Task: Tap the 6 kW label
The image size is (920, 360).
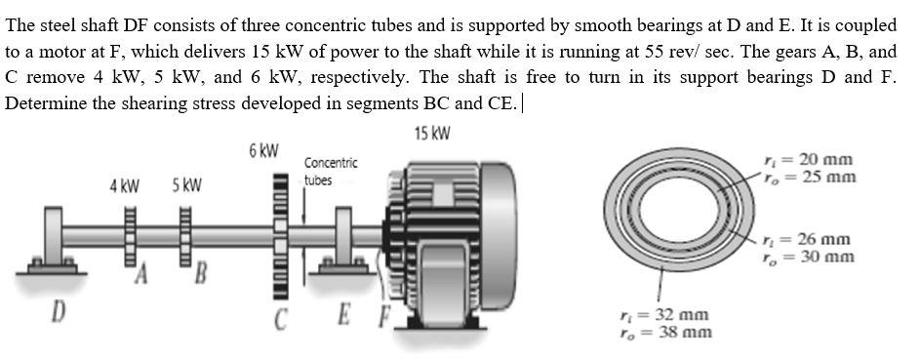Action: click(263, 150)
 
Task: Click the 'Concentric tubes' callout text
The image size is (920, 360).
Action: click(330, 171)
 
